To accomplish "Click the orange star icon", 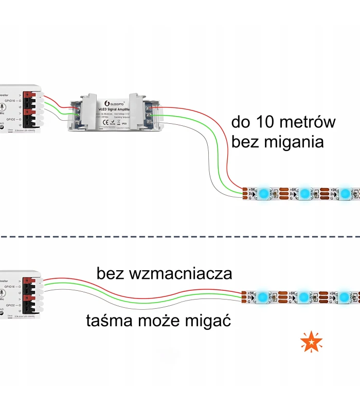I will tap(312, 342).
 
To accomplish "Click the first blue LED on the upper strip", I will tap(263, 194).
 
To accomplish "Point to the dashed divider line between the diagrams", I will tap(180, 237).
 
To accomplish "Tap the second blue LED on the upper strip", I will tap(304, 194).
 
